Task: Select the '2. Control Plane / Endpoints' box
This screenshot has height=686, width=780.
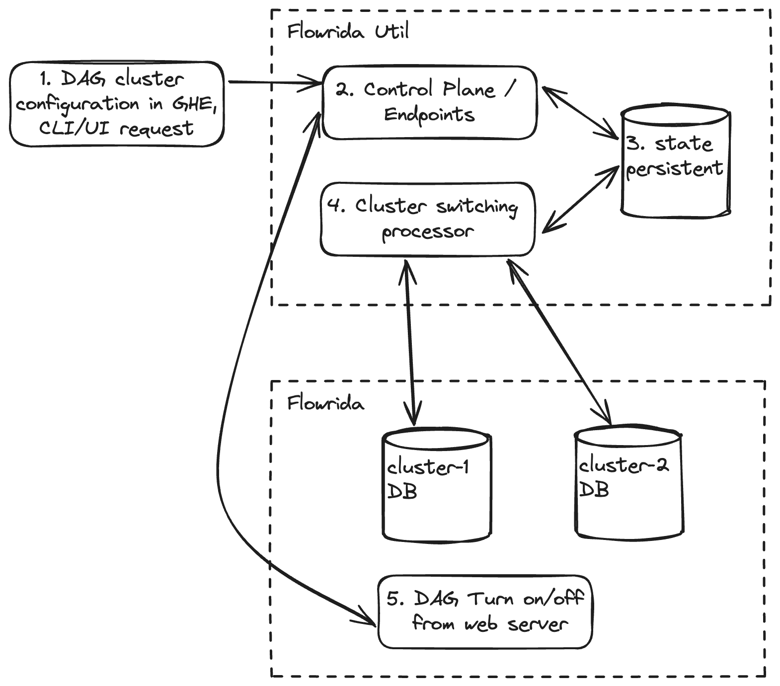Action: point(430,102)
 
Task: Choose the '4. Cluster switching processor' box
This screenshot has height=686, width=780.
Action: point(427,219)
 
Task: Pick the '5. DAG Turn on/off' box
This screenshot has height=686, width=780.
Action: point(485,611)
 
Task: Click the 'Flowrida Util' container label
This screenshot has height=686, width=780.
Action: point(348,32)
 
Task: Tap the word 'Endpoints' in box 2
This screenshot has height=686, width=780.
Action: point(430,115)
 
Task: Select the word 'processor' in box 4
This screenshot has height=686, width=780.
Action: point(428,232)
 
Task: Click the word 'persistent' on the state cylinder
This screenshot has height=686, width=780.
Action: point(674,169)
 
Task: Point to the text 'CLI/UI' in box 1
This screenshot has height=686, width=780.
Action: point(75,128)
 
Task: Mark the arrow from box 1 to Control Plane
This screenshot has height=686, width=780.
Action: point(273,82)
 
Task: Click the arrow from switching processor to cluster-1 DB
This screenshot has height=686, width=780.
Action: point(410,343)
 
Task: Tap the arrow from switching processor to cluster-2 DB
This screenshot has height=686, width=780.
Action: point(559,343)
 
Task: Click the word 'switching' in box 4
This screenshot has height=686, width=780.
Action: point(477,207)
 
